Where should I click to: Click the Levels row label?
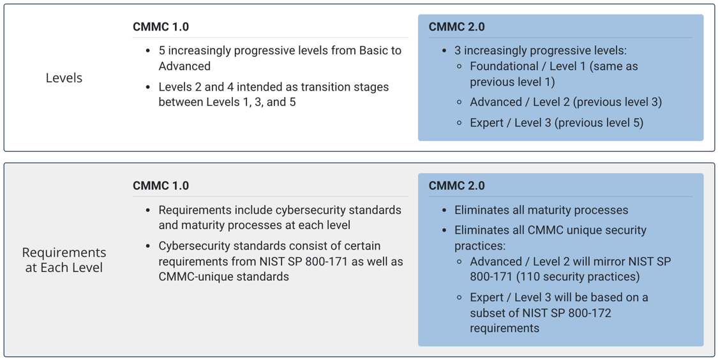tap(64, 78)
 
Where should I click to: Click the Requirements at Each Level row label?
tap(64, 260)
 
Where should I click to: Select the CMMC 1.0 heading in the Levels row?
tap(161, 27)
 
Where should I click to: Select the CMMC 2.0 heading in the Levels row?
tap(456, 27)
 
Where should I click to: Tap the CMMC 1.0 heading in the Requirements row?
tap(161, 186)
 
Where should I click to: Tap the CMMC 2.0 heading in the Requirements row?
tap(456, 186)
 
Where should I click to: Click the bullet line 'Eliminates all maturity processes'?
tap(541, 210)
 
